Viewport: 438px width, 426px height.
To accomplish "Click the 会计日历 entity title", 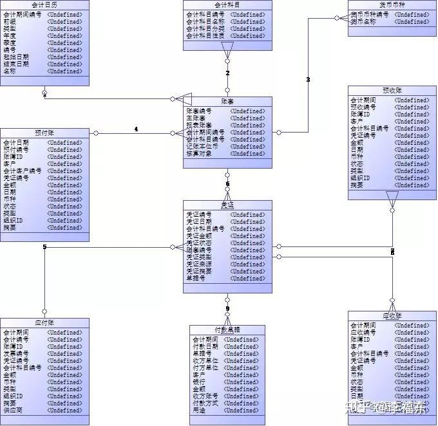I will [44, 5].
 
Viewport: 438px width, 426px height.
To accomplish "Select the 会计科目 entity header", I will [227, 5].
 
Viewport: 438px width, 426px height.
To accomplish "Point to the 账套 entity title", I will [227, 102].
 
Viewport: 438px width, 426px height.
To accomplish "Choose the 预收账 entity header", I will [392, 91].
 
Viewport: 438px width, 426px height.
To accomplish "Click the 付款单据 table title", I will [227, 330].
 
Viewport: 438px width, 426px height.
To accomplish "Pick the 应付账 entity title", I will [44, 322].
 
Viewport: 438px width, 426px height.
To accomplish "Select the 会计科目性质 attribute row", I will [205, 36].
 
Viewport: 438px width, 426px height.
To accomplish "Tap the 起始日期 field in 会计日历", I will [16, 57].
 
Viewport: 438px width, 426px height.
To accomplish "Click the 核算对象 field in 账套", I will [199, 153].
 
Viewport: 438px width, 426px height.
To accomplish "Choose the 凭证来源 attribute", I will [199, 264].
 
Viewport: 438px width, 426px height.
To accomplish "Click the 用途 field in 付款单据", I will [200, 410].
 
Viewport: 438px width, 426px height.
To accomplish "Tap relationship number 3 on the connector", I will [308, 80].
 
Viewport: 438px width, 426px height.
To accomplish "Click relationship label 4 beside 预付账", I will [136, 129].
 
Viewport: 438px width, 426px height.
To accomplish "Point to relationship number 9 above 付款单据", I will [227, 310].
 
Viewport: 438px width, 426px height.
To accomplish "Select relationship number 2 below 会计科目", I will [227, 73].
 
